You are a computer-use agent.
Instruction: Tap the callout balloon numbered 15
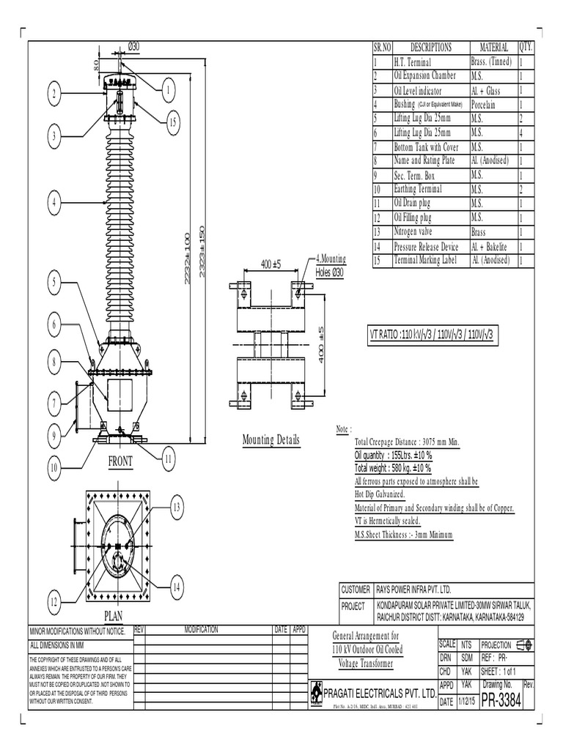172,122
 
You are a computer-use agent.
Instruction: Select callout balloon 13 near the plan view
176,507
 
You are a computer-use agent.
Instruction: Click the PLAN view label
118,615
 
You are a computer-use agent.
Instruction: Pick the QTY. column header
526,48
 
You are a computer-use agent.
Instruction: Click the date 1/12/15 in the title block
467,701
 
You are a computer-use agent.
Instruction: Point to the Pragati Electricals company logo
315,693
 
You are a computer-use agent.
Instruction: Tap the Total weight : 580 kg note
393,468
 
